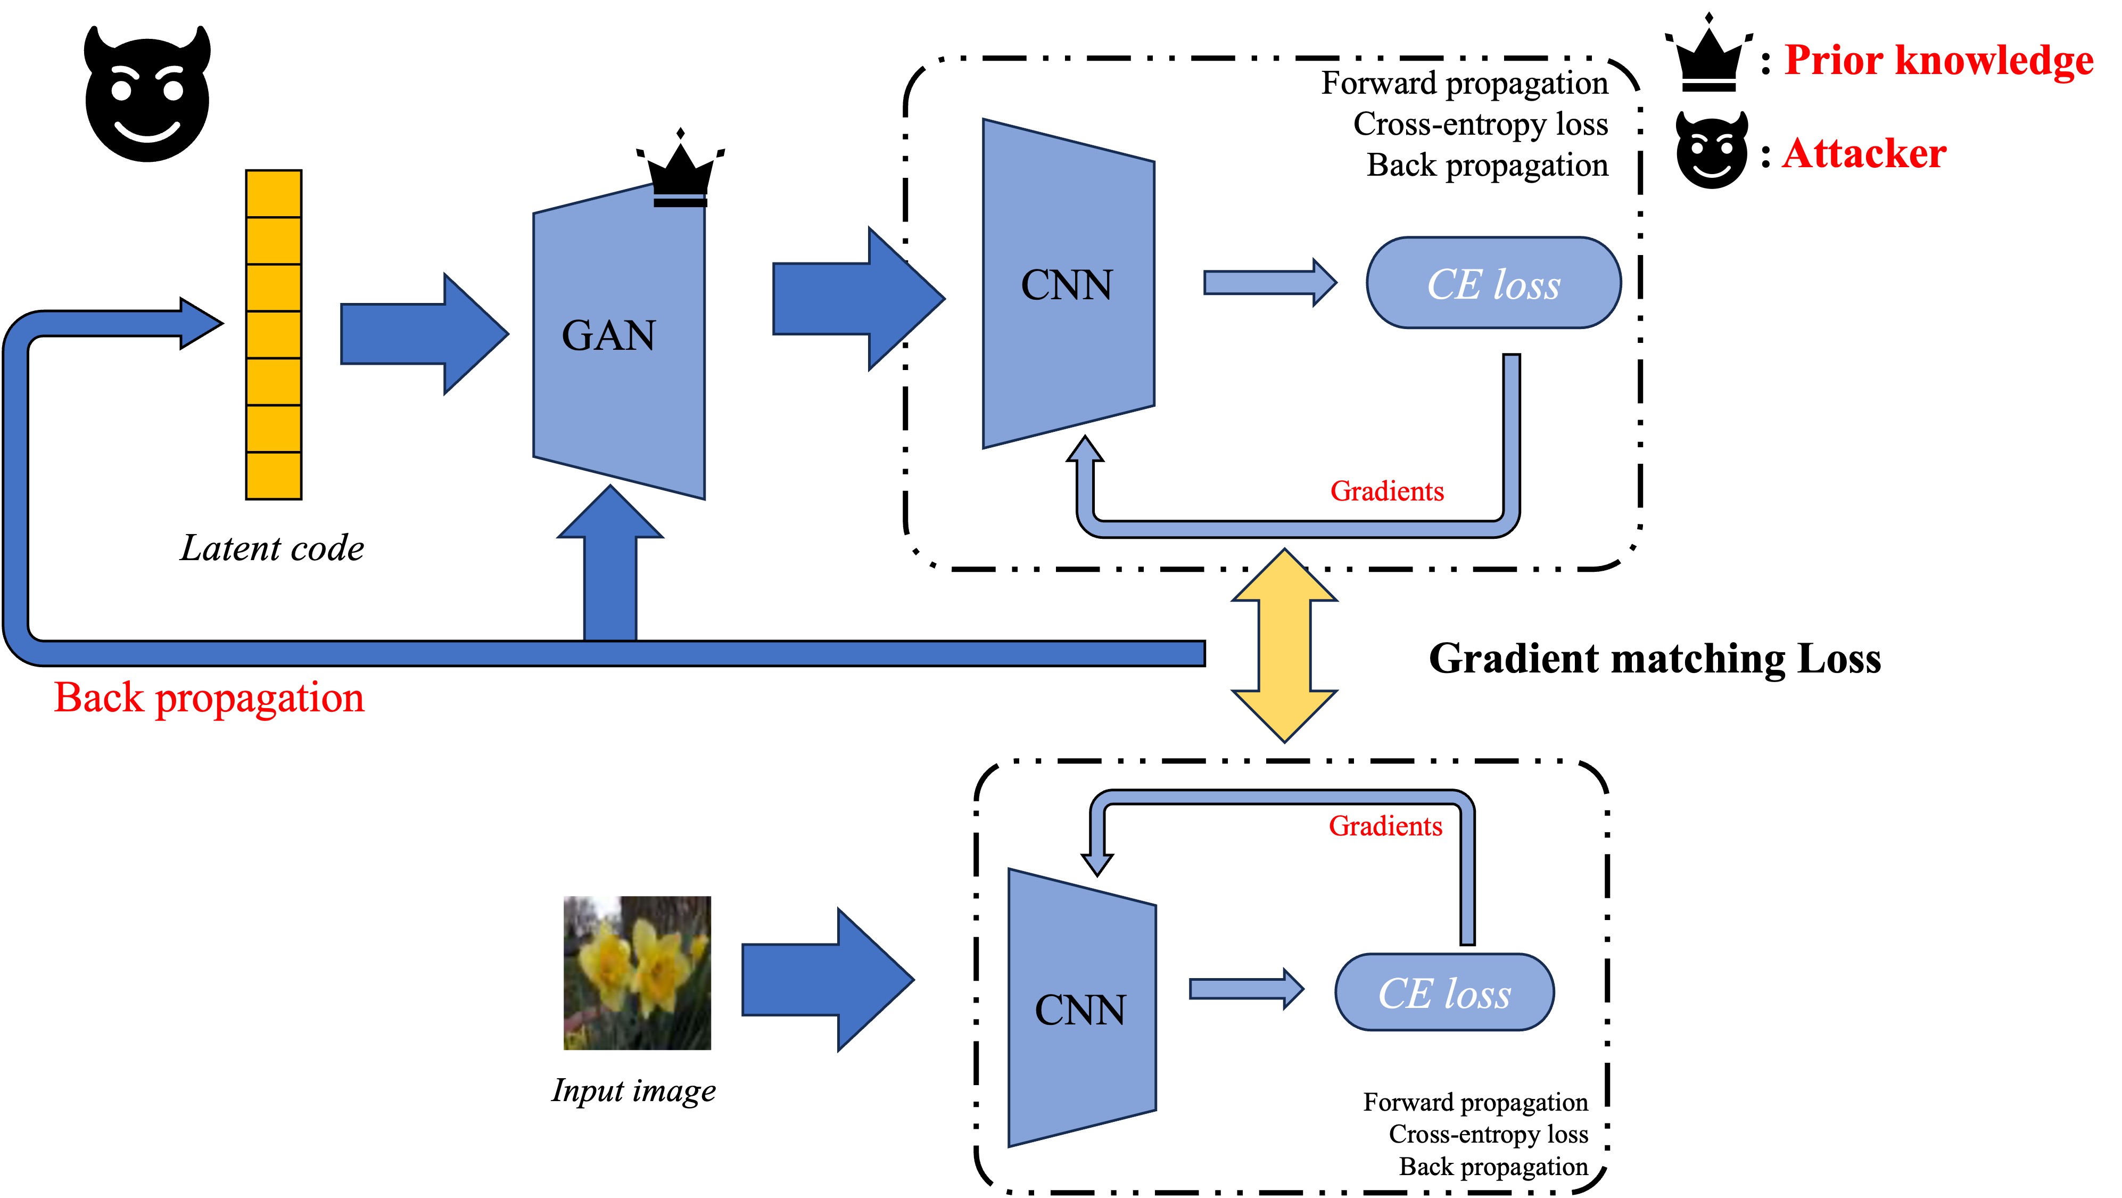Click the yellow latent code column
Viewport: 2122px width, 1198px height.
274,334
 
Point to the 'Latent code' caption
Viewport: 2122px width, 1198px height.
272,548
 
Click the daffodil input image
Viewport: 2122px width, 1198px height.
637,972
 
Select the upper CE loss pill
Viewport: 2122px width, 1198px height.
1493,283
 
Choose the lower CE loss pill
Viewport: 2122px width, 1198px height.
1444,992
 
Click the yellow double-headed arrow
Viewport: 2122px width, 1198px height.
1284,645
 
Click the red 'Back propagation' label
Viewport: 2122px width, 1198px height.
209,698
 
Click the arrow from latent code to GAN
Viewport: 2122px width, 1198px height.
424,334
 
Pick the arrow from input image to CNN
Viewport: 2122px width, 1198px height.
826,980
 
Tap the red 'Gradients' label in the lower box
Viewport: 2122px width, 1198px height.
1385,826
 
